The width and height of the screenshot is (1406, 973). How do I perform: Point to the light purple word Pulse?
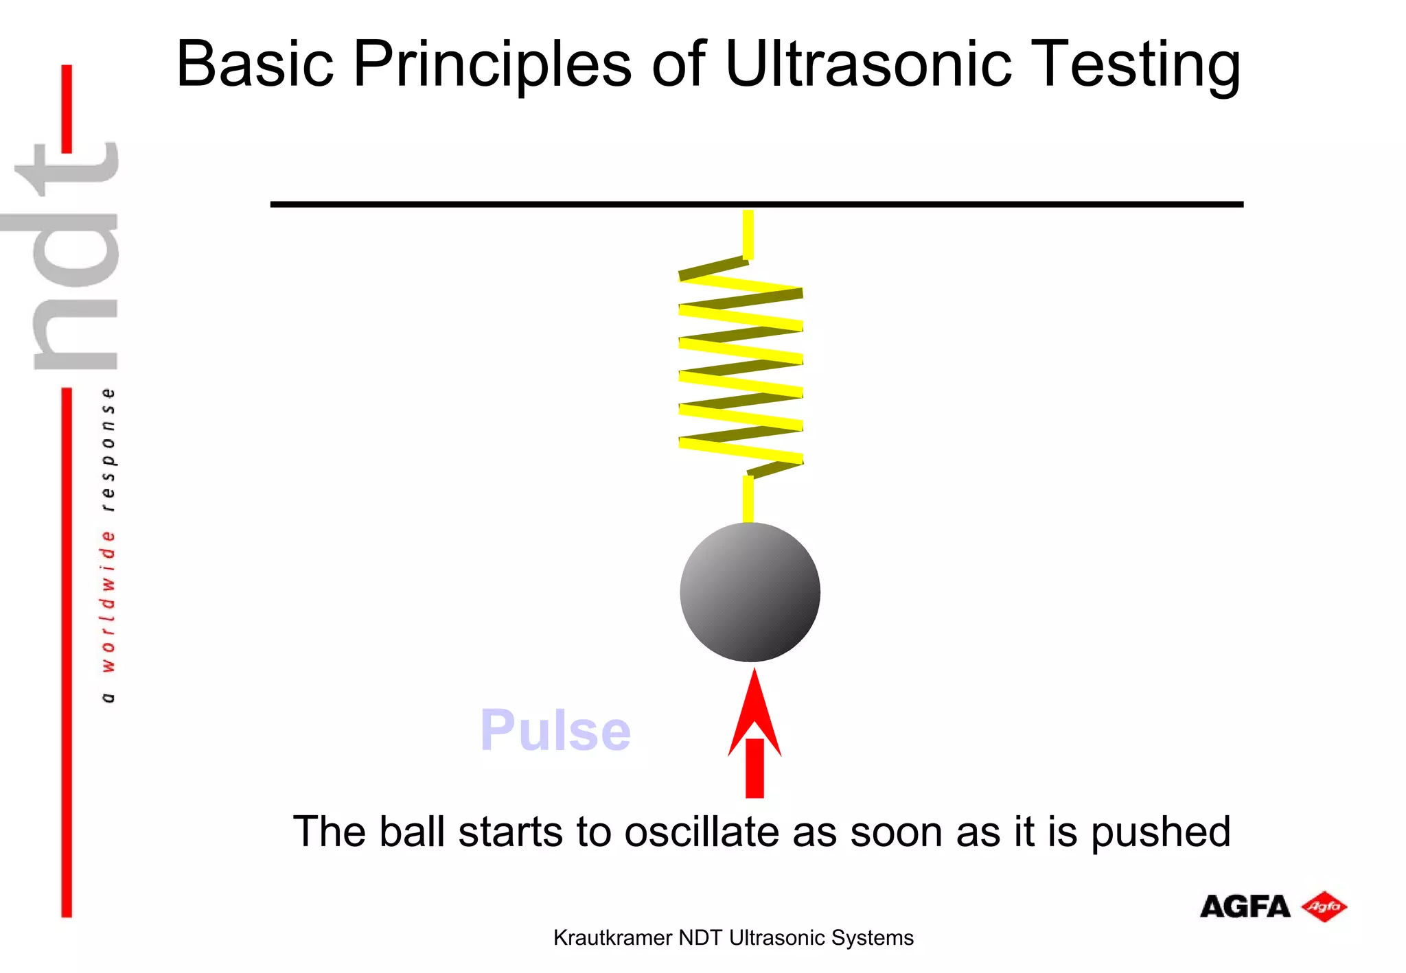[x=555, y=730]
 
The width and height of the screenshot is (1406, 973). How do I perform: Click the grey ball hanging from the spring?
[x=750, y=592]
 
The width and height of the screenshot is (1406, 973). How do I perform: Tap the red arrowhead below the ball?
[x=754, y=714]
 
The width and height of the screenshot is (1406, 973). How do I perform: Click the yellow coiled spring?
[x=741, y=367]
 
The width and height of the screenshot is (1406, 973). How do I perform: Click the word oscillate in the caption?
[x=702, y=832]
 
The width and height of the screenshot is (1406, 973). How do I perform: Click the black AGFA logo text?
[x=1245, y=906]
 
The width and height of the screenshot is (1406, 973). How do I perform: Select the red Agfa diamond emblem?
[x=1324, y=906]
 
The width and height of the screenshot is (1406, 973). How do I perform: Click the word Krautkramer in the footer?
[x=612, y=937]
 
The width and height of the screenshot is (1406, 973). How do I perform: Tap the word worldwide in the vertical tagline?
[x=107, y=600]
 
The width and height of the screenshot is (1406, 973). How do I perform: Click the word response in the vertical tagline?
[x=107, y=449]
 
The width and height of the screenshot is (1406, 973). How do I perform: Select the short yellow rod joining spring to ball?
[x=748, y=499]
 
